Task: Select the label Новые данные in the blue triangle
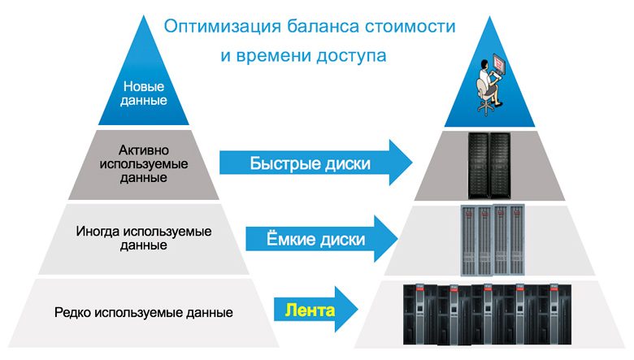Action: (x=145, y=93)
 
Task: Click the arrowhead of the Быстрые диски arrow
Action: (x=398, y=163)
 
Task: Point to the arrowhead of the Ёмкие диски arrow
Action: (x=384, y=239)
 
